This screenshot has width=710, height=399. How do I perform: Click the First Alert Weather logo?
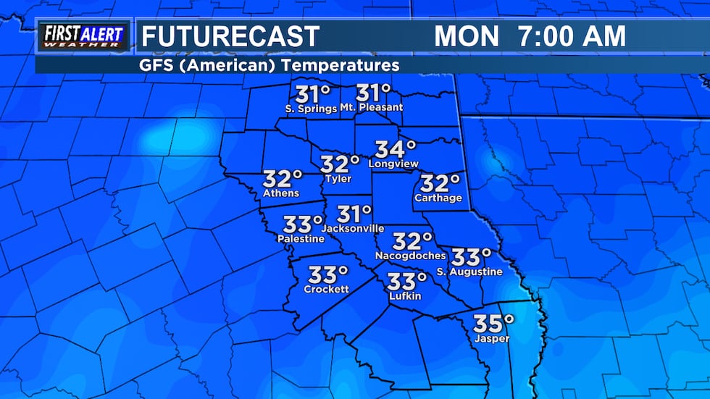point(83,36)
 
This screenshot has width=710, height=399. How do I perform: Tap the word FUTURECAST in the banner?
point(230,36)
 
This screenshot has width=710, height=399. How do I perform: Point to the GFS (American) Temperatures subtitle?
point(270,66)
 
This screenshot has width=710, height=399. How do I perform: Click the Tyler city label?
point(338,179)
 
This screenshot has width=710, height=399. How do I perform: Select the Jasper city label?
point(492,338)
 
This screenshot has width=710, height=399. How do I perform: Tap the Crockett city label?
point(326,289)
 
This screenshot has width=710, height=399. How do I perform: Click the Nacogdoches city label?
point(410,256)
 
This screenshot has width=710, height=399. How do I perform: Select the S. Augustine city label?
point(469,272)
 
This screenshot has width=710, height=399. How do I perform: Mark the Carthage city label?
point(438,198)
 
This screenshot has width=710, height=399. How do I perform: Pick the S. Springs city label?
point(311,109)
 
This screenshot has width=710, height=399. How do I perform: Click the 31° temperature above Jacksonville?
point(354,214)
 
